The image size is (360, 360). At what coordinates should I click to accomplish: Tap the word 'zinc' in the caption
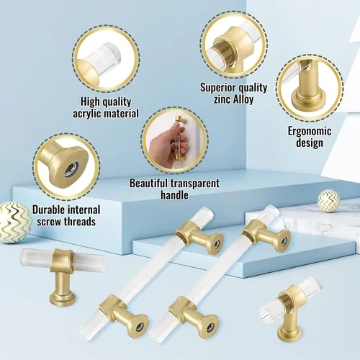coord(222,99)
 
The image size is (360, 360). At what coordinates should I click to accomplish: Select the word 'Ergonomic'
coord(310,131)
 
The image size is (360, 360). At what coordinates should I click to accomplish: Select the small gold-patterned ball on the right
coord(328,201)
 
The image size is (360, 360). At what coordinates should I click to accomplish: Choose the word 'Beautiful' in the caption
coord(148,183)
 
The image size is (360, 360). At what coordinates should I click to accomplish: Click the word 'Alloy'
coord(243,99)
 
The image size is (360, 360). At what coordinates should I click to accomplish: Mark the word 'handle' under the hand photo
coord(174,195)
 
